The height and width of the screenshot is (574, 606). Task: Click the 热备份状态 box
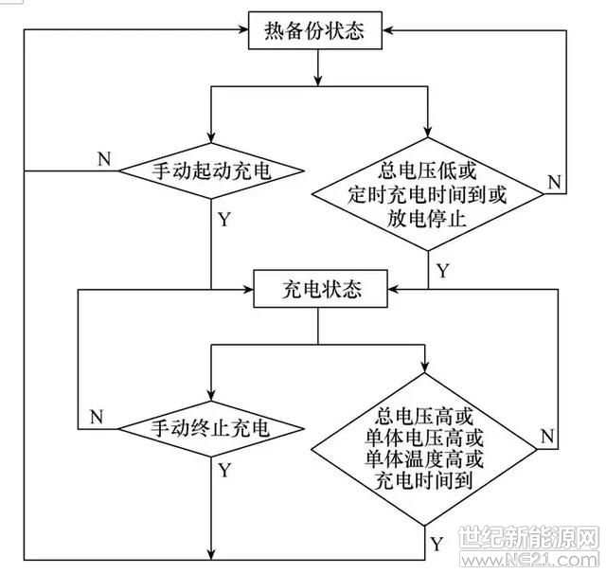tap(315, 30)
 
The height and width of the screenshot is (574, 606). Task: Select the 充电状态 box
tap(320, 289)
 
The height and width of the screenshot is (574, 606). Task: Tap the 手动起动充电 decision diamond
tap(211, 170)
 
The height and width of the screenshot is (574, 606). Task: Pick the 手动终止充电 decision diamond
tap(211, 429)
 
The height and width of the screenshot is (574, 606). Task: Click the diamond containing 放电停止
tap(427, 194)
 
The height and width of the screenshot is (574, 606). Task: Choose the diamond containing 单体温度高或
tap(424, 449)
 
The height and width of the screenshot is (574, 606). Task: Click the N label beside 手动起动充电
tap(104, 159)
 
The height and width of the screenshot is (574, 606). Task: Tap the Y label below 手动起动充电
tap(224, 220)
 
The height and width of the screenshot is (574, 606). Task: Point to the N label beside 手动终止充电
tap(97, 417)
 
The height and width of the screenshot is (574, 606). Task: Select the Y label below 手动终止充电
tap(224, 471)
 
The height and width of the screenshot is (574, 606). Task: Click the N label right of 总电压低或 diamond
tap(555, 182)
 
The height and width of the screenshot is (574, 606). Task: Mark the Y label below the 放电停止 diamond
tap(443, 271)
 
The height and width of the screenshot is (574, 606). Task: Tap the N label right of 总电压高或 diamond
tap(547, 437)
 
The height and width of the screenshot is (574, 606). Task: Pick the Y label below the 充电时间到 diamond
tap(437, 544)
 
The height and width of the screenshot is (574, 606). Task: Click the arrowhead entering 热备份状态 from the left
tap(243, 29)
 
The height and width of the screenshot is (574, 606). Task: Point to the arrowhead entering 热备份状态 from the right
tap(387, 30)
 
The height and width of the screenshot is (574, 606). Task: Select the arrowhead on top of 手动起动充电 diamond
tap(211, 138)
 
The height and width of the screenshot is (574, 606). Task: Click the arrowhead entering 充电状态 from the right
tap(393, 289)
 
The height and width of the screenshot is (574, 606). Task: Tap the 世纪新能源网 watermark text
tap(528, 537)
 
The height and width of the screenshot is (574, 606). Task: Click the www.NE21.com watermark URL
tap(529, 560)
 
